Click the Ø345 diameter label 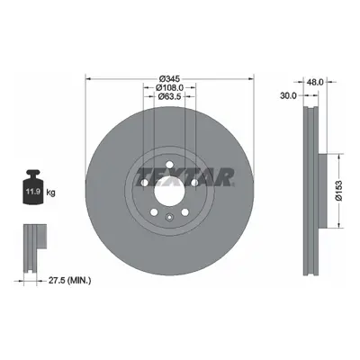coord(169,79)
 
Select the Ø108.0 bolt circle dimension coord(169,87)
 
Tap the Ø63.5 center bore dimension coord(169,96)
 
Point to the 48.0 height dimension coord(315,82)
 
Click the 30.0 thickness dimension coord(288,95)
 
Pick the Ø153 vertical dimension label coord(338,191)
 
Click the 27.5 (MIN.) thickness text coord(69,281)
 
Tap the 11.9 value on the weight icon coord(32,192)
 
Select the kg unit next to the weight coord(50,193)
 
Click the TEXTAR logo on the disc coord(184,177)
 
